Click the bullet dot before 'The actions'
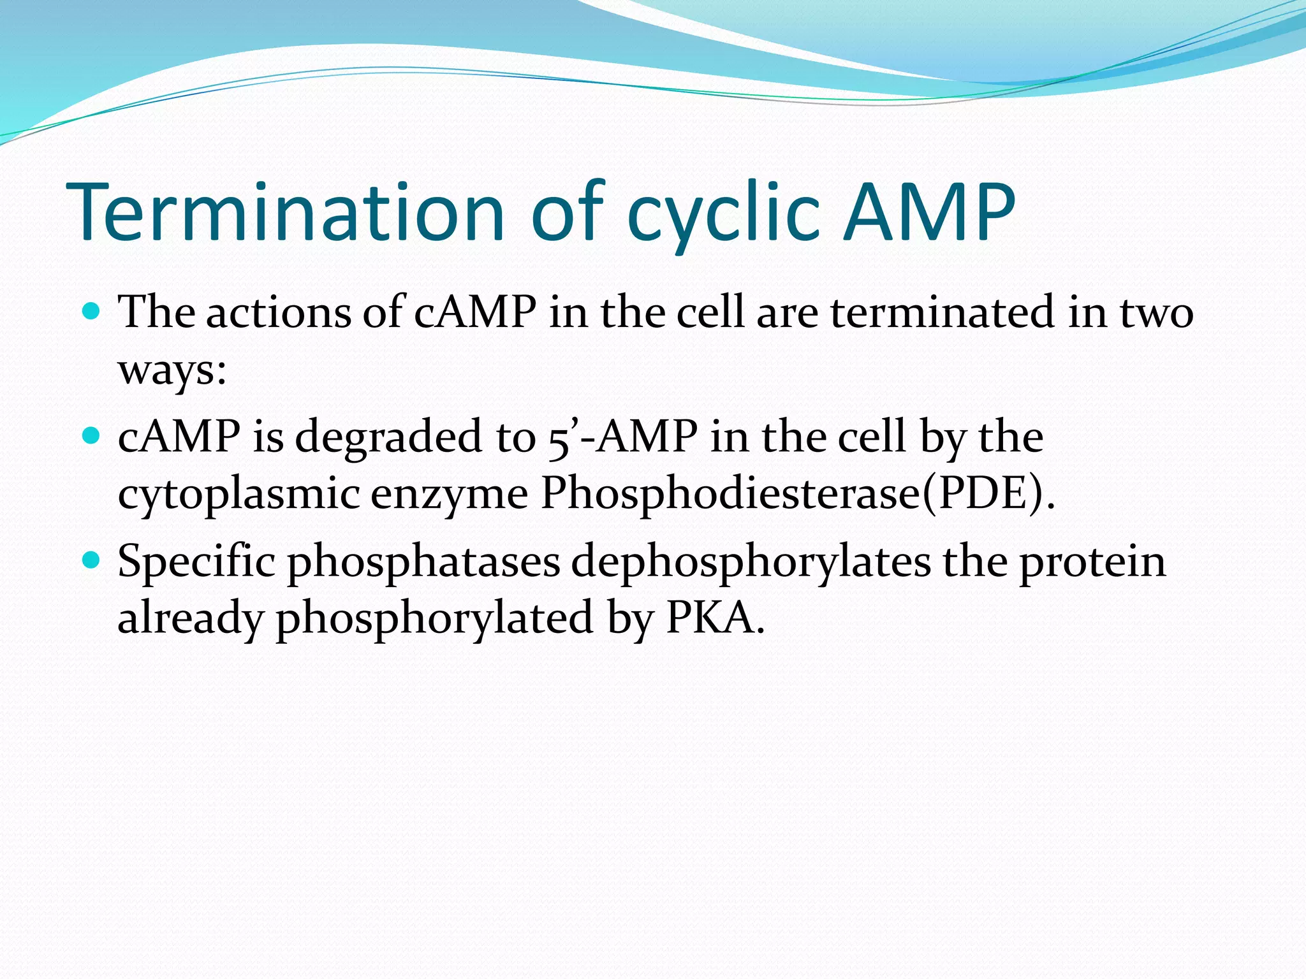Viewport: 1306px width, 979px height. coord(92,312)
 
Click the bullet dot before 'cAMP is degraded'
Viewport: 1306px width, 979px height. coord(92,436)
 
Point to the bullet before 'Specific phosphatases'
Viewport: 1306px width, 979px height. coord(92,560)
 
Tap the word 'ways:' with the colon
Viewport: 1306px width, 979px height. coord(172,370)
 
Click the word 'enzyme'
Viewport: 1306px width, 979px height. coord(450,495)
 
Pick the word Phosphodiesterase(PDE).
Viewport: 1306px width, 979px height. coord(797,495)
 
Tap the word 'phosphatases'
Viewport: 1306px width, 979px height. coord(423,562)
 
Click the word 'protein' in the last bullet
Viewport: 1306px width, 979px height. coord(1092,562)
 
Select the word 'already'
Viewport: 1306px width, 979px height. coord(190,618)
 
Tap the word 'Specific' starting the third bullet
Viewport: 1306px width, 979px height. coord(196,562)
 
